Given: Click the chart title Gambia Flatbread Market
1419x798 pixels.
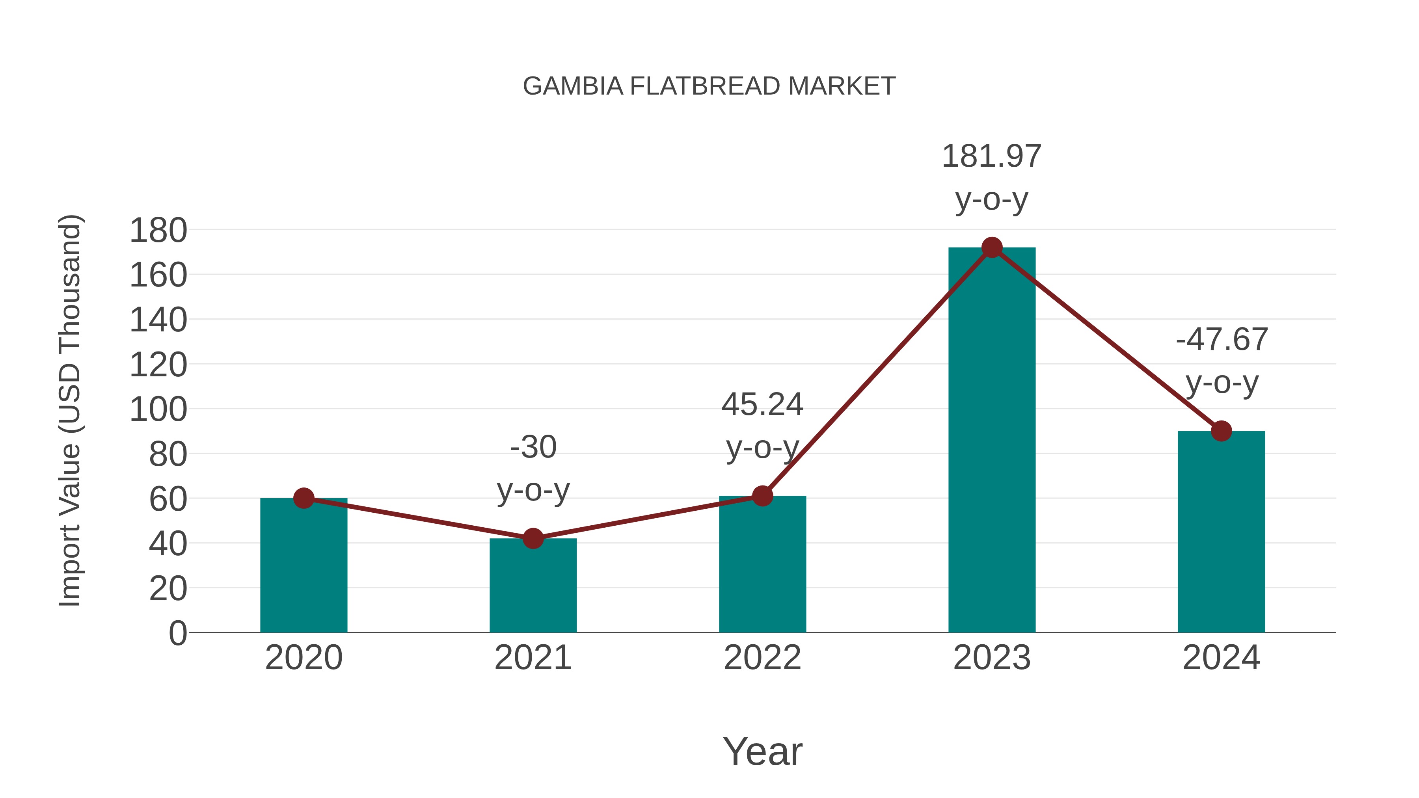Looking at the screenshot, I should [709, 86].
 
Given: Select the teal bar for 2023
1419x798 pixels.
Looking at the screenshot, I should [992, 441].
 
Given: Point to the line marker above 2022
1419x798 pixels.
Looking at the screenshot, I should [762, 496].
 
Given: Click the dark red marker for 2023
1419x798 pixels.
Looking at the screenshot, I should [992, 248].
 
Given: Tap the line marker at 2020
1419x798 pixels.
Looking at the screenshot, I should [304, 499].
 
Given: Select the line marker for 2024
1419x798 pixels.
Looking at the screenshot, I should [1221, 431].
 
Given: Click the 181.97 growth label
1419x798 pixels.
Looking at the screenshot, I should [992, 157].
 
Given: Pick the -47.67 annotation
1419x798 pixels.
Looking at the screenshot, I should [1221, 340].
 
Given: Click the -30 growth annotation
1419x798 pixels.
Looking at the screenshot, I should [533, 447].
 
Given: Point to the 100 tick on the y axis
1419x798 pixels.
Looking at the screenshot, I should [158, 410].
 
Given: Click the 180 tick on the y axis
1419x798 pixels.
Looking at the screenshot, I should [158, 231].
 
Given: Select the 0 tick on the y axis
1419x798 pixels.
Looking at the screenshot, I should [177, 633].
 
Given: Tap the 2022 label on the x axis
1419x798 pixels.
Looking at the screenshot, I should [762, 658].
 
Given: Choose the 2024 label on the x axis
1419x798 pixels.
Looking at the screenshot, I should [1221, 658].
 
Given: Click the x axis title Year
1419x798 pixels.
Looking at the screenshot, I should [762, 752].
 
